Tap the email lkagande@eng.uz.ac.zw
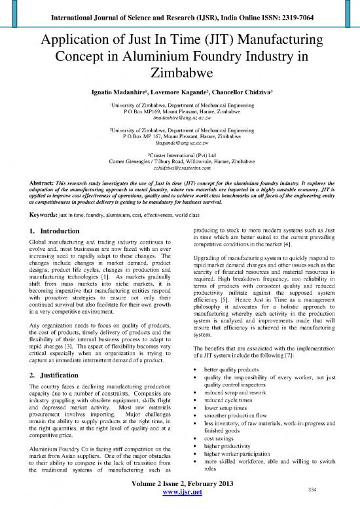tap(179, 160)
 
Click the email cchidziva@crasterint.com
tap(179, 186)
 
